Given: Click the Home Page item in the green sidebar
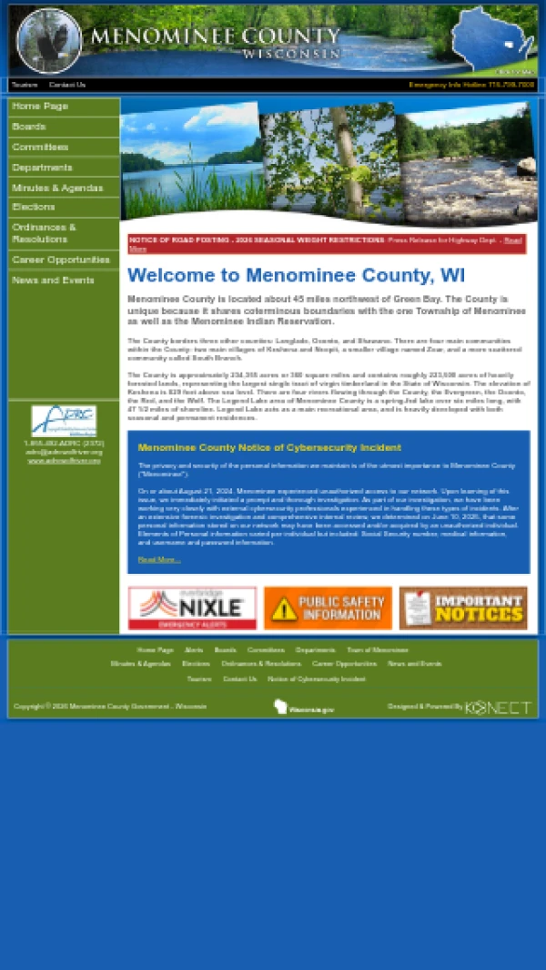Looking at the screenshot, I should click(x=40, y=107).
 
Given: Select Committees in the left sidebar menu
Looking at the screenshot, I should click(x=40, y=147).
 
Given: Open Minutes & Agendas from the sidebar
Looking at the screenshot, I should click(x=57, y=188).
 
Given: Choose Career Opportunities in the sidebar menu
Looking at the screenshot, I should click(x=61, y=260).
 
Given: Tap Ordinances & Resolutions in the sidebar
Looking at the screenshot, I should click(x=44, y=233).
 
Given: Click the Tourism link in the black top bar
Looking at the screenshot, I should click(x=25, y=85).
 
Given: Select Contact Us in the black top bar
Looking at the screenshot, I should click(x=67, y=85).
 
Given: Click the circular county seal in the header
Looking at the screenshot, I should click(x=49, y=41).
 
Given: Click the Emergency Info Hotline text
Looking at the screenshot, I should click(x=471, y=85).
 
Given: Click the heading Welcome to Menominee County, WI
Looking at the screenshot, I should click(x=296, y=276).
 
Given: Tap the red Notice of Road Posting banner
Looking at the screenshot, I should click(x=326, y=244).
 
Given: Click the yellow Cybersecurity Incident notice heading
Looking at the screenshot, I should click(x=269, y=447).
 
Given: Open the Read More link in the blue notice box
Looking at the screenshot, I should click(x=159, y=559).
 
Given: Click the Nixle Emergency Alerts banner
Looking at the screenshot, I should click(x=192, y=608).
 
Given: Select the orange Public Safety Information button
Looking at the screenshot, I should click(x=328, y=608).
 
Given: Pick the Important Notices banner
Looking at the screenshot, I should click(x=463, y=608).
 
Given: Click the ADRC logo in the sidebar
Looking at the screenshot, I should click(x=64, y=420).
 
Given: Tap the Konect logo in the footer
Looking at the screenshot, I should click(x=499, y=707).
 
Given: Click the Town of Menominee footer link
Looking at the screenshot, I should click(x=378, y=650).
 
